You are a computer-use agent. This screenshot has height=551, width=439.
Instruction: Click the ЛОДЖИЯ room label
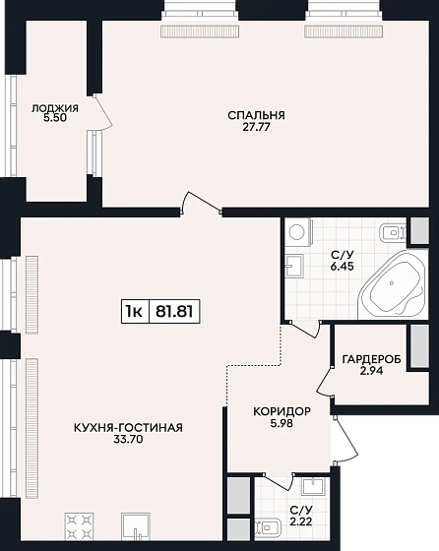click(55, 108)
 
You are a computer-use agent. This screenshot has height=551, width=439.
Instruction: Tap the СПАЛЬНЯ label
click(256, 115)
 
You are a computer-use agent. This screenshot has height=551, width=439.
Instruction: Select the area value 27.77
click(256, 127)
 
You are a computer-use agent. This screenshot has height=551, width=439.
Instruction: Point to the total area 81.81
click(174, 311)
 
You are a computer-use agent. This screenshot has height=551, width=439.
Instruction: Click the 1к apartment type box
click(135, 311)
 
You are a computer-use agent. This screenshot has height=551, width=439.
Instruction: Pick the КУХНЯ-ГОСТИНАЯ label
click(128, 428)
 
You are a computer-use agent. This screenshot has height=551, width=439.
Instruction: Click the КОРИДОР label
click(282, 411)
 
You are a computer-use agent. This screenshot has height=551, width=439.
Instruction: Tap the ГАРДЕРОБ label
click(371, 359)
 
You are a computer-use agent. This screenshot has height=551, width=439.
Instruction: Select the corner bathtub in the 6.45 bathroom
click(393, 284)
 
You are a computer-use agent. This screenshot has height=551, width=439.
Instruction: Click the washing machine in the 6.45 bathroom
click(298, 232)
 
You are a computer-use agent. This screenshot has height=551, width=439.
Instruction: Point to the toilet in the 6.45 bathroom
click(393, 232)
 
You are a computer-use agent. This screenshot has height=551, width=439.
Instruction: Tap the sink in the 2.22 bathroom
click(313, 486)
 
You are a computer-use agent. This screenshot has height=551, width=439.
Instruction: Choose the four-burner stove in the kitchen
click(80, 526)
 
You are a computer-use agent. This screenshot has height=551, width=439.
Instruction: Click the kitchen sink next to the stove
click(136, 526)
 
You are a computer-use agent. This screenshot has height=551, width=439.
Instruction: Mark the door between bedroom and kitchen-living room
click(201, 203)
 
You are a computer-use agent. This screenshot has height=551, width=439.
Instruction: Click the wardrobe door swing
click(325, 382)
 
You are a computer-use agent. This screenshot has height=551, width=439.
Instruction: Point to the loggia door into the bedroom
click(103, 112)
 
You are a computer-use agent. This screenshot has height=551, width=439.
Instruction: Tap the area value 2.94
click(371, 371)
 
